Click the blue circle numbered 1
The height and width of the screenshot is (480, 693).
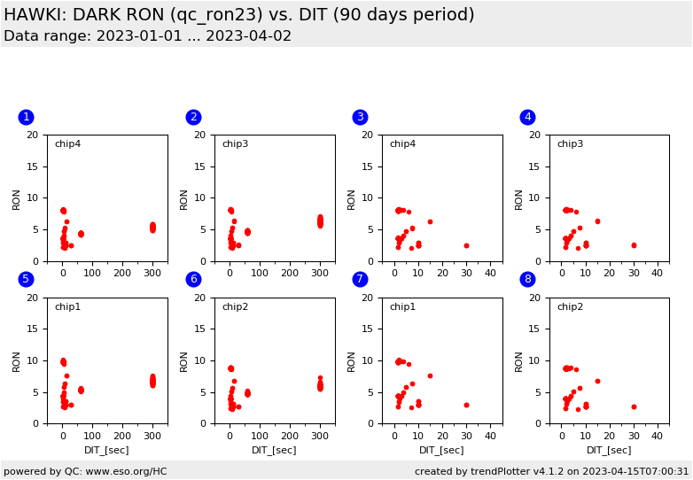pyautogui.click(x=26, y=117)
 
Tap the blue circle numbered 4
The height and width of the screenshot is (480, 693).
pyautogui.click(x=527, y=117)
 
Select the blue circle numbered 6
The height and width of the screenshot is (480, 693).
pyautogui.click(x=193, y=279)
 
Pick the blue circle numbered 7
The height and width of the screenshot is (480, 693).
pyautogui.click(x=360, y=279)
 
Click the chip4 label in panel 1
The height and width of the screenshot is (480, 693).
pyautogui.click(x=67, y=144)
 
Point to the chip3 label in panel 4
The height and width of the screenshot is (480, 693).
pyautogui.click(x=570, y=144)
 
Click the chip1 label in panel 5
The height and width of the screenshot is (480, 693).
pyautogui.click(x=67, y=307)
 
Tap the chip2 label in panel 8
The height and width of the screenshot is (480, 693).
pyautogui.click(x=570, y=307)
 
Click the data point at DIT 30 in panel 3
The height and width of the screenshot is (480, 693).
pyautogui.click(x=466, y=245)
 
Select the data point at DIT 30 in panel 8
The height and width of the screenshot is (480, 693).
pyautogui.click(x=634, y=406)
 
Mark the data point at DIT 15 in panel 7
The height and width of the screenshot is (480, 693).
pyautogui.click(x=430, y=375)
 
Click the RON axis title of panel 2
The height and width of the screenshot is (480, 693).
pyautogui.click(x=184, y=198)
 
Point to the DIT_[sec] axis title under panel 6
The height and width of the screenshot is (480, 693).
pyautogui.click(x=275, y=450)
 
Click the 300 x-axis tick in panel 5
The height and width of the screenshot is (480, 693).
pyautogui.click(x=152, y=437)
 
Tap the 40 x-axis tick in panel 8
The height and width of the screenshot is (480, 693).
pyautogui.click(x=658, y=437)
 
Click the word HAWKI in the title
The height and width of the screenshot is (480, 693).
pyautogui.click(x=33, y=15)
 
